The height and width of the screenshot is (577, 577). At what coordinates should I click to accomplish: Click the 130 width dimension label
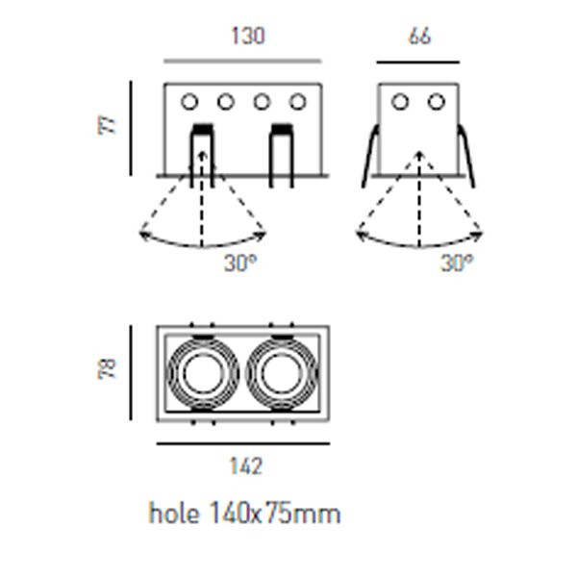click(247, 37)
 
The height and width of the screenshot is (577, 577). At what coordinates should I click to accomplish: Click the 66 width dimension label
click(419, 37)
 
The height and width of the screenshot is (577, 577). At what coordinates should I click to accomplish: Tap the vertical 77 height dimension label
click(111, 123)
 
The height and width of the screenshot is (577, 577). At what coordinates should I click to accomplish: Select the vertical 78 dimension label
click(110, 368)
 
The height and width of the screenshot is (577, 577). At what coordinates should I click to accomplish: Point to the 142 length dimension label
click(246, 467)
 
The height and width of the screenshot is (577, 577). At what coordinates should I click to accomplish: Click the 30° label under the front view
click(240, 263)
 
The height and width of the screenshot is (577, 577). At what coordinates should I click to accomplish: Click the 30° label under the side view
click(457, 263)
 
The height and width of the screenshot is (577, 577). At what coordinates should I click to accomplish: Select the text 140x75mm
click(274, 514)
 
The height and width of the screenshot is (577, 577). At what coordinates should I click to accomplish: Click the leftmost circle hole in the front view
click(189, 101)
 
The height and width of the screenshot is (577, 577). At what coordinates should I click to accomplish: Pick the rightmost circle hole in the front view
click(298, 101)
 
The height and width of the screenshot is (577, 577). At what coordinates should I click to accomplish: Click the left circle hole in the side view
click(400, 101)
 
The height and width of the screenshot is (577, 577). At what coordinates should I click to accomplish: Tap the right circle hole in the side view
click(437, 101)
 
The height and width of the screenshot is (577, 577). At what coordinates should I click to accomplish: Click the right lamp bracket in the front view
click(281, 154)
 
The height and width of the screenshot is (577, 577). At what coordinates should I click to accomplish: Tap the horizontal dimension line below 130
click(242, 62)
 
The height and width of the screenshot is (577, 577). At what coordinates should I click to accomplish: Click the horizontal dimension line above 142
click(242, 444)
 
